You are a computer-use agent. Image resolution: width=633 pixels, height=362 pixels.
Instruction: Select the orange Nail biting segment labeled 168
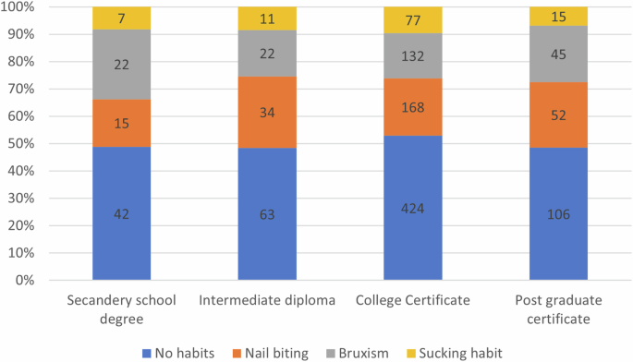coord(412,107)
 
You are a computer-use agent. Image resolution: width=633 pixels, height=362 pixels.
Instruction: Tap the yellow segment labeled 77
coord(412,20)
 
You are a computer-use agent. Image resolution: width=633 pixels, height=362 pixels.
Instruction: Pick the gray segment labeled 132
coord(412,56)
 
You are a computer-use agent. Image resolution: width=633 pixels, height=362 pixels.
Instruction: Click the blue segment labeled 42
coord(122,213)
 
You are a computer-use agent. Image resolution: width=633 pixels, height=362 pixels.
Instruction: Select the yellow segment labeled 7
coord(122,18)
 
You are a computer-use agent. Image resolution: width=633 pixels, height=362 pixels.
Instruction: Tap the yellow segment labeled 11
coord(267,18)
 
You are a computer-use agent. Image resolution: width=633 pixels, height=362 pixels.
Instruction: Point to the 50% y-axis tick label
coord(21,143)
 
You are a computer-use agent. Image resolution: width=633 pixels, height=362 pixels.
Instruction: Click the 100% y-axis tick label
coord(18,7)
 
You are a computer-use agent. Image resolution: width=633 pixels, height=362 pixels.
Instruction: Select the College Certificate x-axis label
coord(412,300)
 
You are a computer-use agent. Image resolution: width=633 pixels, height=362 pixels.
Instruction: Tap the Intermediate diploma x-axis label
coord(267,300)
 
